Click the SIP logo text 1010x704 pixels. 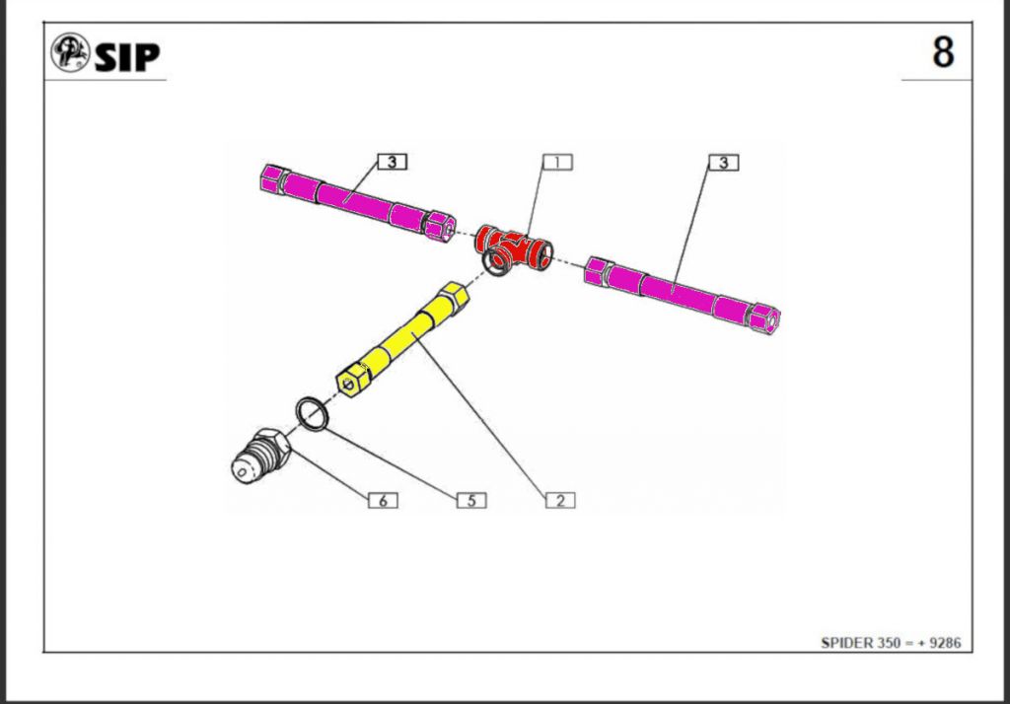tap(127, 56)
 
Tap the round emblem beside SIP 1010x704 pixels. tap(70, 52)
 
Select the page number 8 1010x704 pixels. tap(943, 52)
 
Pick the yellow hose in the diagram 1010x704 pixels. tap(403, 339)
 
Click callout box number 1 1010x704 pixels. tap(557, 163)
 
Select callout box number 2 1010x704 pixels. tap(560, 501)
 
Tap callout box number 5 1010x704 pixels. tap(471, 501)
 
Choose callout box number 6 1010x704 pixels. tap(383, 501)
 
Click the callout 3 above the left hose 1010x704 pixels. tap(393, 162)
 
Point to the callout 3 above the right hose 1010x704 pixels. tap(724, 163)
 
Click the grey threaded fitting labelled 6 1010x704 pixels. tap(260, 456)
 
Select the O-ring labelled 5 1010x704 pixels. tap(313, 413)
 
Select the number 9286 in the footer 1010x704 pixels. tap(946, 643)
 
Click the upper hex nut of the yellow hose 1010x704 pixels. tap(453, 297)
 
